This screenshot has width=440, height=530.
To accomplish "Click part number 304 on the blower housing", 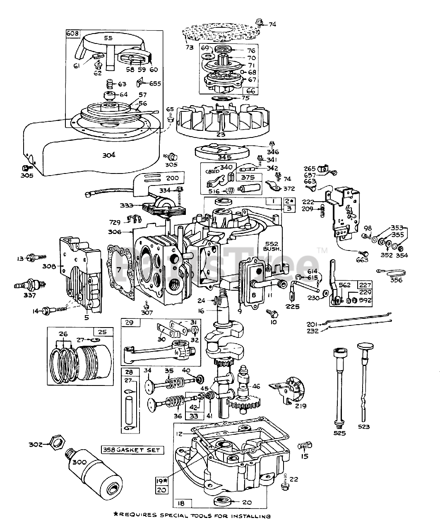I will (x=109, y=155).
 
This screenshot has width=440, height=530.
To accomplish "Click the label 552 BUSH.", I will (x=272, y=246).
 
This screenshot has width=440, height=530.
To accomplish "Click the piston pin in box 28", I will (x=130, y=404).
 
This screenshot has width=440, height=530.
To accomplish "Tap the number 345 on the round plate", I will (x=220, y=157).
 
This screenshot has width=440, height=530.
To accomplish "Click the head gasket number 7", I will (x=119, y=270).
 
